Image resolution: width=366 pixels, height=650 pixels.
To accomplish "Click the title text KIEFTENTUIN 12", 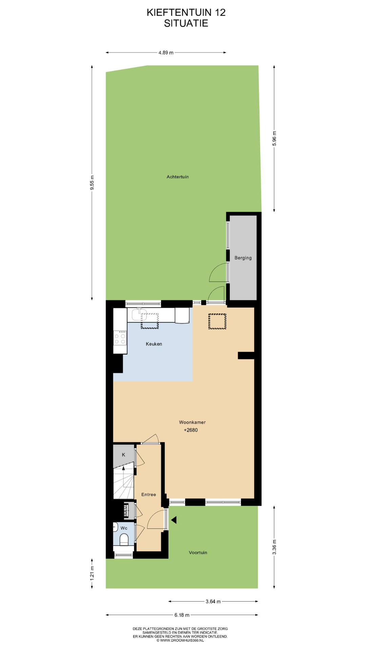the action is coord(186,13).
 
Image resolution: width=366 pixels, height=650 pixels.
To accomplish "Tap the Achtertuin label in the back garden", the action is coord(178,177).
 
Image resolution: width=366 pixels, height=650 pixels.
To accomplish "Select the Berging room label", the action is coord(243,258).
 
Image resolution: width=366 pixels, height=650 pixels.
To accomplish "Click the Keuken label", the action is coord(154,344).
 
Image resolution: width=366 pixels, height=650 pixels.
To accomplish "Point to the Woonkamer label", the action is coord(192,422).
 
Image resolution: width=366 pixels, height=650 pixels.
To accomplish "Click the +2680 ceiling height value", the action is coord(191,430).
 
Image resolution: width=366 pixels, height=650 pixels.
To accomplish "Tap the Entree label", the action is coord(149,495).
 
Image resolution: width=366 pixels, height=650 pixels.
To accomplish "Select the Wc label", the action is coord(124,528).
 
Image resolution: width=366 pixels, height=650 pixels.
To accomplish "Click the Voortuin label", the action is coord(198,552).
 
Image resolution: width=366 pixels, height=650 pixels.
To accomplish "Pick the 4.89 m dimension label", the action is coord(166,52).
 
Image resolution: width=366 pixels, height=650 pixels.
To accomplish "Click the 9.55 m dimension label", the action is coord(92,183).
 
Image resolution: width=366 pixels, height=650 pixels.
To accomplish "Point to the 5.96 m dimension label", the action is coord(274,138).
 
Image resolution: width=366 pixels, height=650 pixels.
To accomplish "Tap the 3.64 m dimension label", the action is coord(213,602).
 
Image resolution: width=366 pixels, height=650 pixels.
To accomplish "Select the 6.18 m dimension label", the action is coord(182,615).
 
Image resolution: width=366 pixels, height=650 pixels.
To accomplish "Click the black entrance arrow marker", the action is coord(174,520).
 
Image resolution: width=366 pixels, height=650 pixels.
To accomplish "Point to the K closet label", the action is coord(123,455).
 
